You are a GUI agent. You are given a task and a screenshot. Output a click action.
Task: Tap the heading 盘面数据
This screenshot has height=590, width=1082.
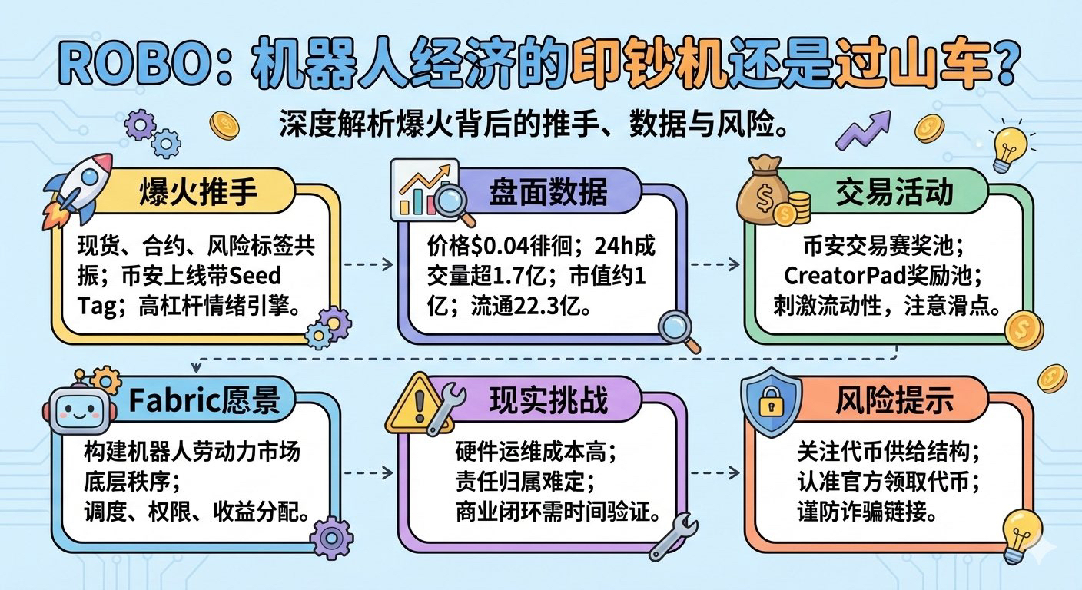tap(548, 192)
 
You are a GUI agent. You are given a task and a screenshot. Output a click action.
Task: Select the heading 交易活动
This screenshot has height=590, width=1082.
tap(894, 192)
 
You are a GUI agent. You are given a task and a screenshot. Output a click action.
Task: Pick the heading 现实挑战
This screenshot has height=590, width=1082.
tap(548, 399)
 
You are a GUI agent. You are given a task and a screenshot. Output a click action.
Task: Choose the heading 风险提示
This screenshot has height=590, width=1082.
tap(894, 400)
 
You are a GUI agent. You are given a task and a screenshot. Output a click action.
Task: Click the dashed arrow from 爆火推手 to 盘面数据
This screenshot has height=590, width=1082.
tap(367, 264)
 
